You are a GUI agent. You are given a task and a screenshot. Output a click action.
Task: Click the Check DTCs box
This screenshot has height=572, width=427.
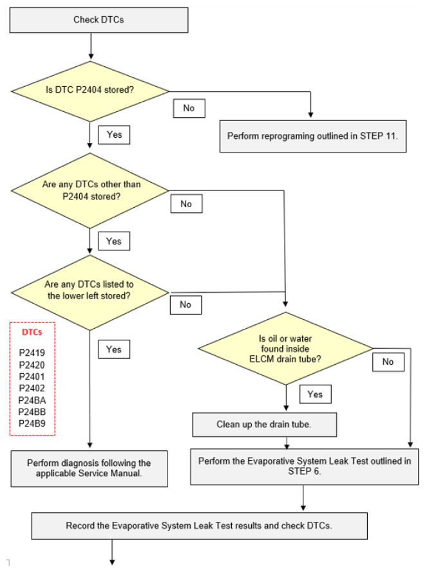(x=99, y=20)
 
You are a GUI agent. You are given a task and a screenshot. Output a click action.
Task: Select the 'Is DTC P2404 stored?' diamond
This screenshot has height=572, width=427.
(x=90, y=91)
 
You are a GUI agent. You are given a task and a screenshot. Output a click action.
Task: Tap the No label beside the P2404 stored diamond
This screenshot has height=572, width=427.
(x=189, y=108)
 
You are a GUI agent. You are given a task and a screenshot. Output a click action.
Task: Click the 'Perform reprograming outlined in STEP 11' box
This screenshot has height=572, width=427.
(x=312, y=136)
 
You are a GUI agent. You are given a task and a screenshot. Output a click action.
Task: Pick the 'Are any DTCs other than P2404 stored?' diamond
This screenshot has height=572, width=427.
(x=90, y=190)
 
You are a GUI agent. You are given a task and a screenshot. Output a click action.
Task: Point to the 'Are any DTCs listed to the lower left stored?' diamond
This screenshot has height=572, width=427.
(x=90, y=293)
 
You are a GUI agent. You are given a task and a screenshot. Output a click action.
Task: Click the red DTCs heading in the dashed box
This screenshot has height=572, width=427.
(x=32, y=332)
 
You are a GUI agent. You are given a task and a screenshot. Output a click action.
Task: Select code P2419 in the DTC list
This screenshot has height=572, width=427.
(x=32, y=353)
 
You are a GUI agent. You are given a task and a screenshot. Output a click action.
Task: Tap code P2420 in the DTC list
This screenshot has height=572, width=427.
(x=32, y=365)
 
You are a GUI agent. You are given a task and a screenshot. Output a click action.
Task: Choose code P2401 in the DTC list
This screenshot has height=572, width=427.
(x=32, y=376)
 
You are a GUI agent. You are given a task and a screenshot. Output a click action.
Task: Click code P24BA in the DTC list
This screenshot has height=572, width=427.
(x=32, y=400)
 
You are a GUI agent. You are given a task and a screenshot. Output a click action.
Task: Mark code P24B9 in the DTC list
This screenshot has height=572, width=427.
(x=32, y=423)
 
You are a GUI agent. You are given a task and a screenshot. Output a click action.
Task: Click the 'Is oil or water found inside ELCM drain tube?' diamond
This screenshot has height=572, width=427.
(x=285, y=348)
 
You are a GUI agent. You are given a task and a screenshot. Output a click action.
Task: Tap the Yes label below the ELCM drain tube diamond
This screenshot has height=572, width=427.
(x=315, y=394)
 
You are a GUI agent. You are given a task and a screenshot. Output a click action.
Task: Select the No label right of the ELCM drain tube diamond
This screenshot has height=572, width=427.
(x=388, y=362)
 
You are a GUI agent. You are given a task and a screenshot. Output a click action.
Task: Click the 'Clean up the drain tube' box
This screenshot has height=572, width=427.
(x=265, y=425)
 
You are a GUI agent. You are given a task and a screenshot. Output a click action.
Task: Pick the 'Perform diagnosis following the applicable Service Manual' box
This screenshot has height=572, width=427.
(x=89, y=469)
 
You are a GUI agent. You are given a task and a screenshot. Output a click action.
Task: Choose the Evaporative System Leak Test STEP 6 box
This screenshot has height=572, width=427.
(x=304, y=466)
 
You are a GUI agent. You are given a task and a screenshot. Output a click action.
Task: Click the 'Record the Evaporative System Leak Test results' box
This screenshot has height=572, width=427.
(x=200, y=526)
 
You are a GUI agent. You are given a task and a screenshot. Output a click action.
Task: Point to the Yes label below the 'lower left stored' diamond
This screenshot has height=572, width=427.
(x=114, y=349)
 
